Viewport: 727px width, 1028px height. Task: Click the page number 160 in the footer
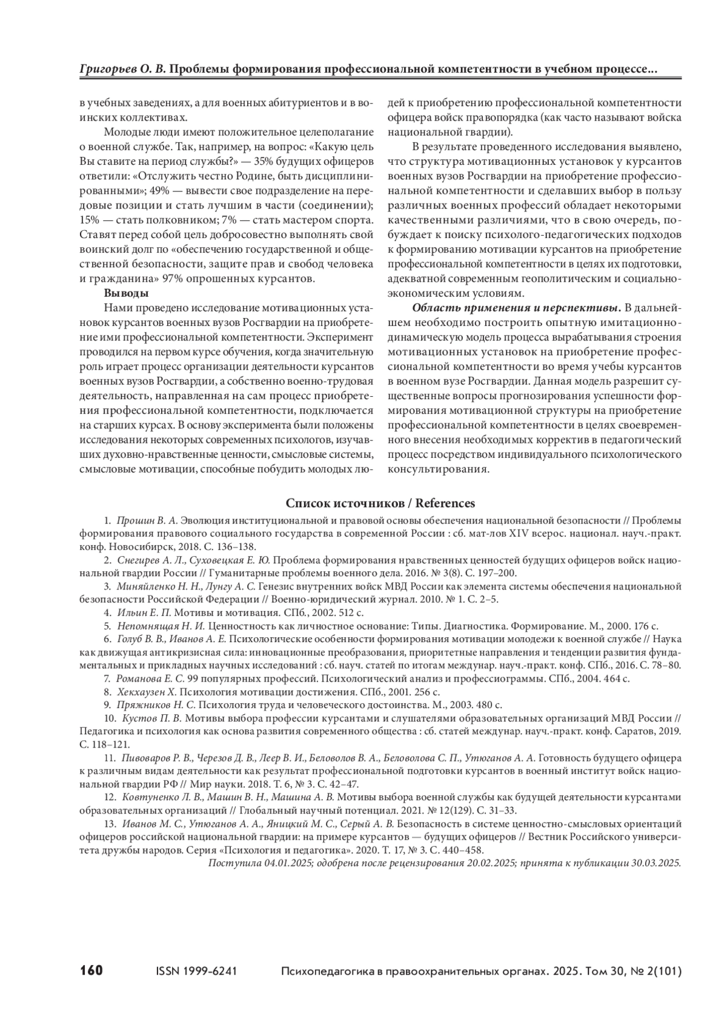click(x=91, y=970)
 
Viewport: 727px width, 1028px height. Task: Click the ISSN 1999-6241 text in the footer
click(x=196, y=971)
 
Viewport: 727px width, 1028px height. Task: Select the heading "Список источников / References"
click(x=380, y=503)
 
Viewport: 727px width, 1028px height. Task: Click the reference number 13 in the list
click(x=110, y=823)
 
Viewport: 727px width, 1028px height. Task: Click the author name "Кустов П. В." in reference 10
click(x=152, y=718)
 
